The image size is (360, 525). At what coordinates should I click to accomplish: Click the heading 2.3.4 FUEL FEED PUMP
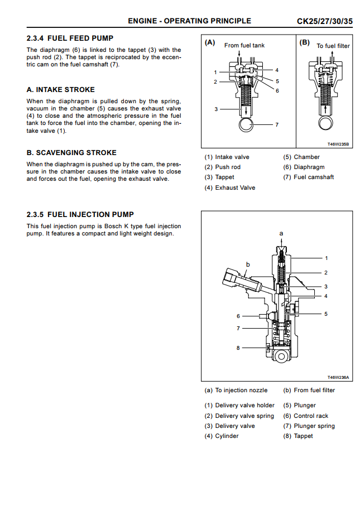coord(70,38)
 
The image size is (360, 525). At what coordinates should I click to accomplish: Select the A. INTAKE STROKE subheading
coord(61,89)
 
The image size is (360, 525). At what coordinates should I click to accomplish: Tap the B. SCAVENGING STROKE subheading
coord(71,152)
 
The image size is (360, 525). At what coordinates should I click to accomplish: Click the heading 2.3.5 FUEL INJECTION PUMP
coord(80,214)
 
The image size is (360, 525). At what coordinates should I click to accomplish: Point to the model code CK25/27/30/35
coord(324,21)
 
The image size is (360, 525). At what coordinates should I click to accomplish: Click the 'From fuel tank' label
coord(244,45)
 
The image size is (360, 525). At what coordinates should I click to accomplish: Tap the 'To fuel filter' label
coord(333,46)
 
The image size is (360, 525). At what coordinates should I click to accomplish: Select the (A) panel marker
coord(210,42)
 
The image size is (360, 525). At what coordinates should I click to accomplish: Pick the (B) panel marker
coord(305,42)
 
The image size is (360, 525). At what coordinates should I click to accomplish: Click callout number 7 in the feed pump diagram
coord(276,124)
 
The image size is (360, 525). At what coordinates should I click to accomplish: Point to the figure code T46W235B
coord(338,144)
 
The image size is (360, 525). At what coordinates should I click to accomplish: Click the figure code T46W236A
coord(338,377)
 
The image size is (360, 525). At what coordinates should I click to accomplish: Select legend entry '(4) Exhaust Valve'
coord(229,187)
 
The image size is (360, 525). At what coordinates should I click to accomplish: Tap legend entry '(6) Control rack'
coord(305,416)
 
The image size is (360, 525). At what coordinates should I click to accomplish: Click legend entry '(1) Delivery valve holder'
coord(239,406)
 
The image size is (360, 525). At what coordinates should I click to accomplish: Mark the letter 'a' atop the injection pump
coord(281,232)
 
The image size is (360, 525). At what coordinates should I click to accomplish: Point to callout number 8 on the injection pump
coord(238,348)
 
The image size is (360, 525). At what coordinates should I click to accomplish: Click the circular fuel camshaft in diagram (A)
coord(246,124)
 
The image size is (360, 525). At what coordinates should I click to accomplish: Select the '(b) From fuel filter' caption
coord(309,390)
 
